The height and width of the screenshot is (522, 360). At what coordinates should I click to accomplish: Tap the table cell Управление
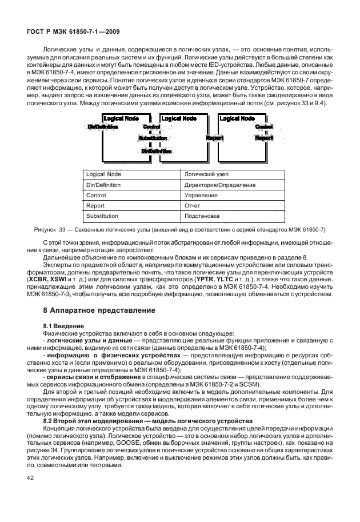(x=201, y=195)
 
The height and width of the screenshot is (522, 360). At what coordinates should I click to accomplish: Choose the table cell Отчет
(x=191, y=206)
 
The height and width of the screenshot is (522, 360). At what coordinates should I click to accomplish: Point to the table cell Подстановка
(x=202, y=216)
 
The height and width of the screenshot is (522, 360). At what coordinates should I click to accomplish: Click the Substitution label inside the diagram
(x=153, y=138)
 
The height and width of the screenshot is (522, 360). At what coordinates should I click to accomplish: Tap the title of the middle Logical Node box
(x=178, y=118)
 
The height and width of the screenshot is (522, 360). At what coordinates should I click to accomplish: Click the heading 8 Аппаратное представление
(x=91, y=310)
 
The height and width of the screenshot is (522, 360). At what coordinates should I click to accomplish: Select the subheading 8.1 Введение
(x=59, y=326)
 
